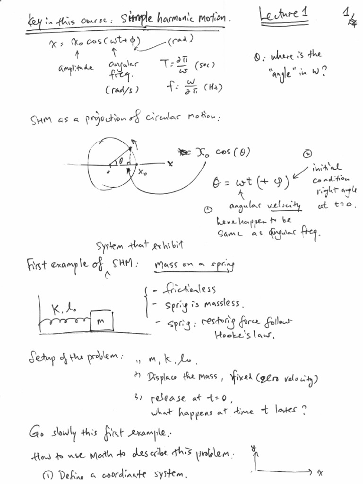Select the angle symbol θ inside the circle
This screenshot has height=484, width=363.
pyautogui.click(x=121, y=161)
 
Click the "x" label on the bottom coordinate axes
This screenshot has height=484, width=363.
pyautogui.click(x=320, y=472)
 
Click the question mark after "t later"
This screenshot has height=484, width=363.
pyautogui.click(x=304, y=410)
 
